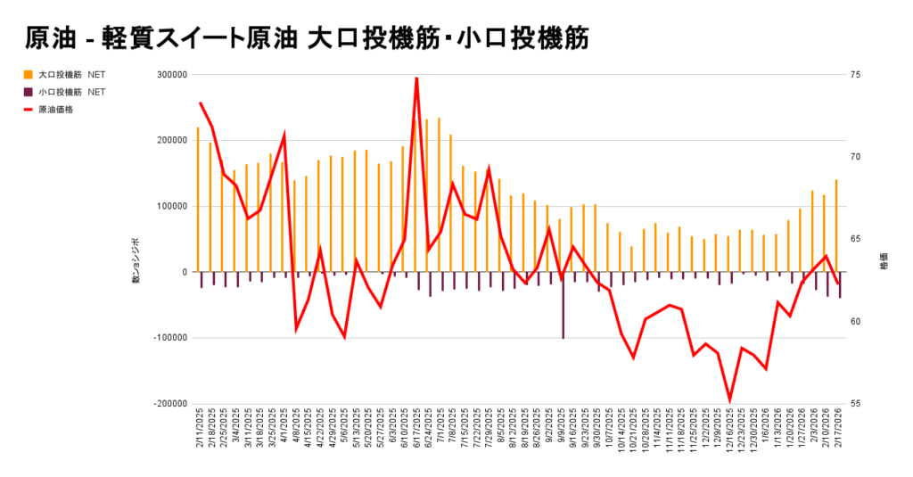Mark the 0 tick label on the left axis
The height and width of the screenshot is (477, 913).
[184, 272]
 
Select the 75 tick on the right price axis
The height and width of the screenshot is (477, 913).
[855, 75]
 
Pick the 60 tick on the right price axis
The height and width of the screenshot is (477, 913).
[855, 321]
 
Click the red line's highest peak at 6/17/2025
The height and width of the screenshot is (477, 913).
[416, 78]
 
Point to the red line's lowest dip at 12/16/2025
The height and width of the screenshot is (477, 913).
[729, 401]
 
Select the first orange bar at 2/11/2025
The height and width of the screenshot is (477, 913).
[198, 200]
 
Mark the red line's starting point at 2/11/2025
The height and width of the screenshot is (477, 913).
[200, 103]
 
